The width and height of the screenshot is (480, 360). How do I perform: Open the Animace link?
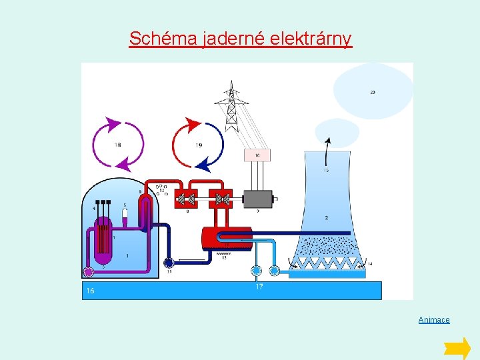(434, 320)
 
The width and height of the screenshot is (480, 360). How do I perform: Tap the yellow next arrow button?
(457, 348)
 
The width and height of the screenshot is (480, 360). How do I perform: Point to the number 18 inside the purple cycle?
(117, 145)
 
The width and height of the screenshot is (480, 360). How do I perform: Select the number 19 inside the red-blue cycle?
(199, 145)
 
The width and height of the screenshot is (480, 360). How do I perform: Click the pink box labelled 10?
(257, 155)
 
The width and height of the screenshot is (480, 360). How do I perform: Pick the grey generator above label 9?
(258, 198)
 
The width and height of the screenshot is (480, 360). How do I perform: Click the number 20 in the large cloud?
(372, 92)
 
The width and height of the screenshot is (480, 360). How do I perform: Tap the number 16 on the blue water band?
(90, 291)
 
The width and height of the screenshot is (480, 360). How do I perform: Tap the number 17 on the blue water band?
(259, 287)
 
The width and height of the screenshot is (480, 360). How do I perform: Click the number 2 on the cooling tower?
(326, 217)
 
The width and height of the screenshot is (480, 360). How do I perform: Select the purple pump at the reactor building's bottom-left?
(87, 271)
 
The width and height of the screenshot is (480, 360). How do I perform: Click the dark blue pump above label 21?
(169, 263)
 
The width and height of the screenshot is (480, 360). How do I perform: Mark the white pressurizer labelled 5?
(125, 215)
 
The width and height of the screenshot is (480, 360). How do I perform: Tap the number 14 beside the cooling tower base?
(370, 264)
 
